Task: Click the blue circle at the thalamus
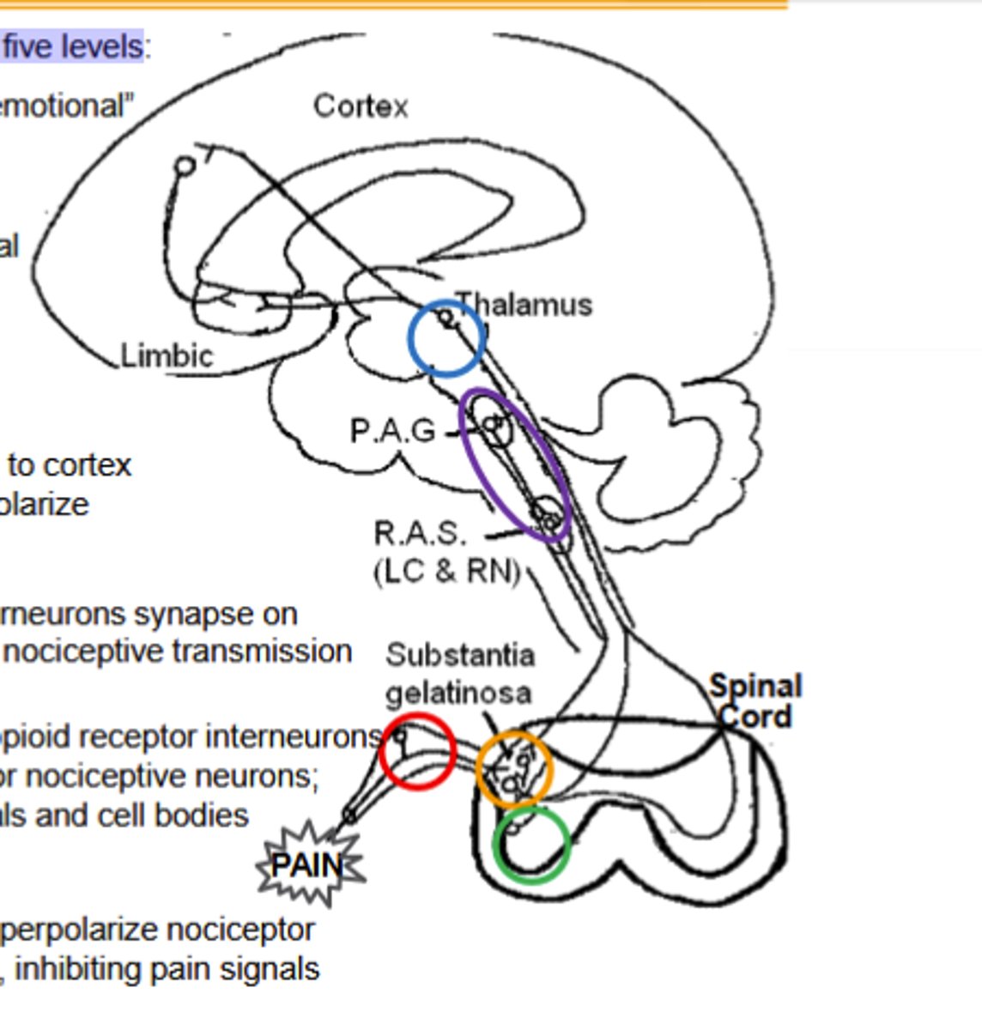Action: pyautogui.click(x=446, y=338)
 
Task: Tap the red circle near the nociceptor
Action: pyautogui.click(x=417, y=751)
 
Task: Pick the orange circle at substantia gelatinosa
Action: pyautogui.click(x=514, y=769)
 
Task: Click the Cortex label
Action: pyautogui.click(x=361, y=106)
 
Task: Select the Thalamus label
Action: pyautogui.click(x=524, y=305)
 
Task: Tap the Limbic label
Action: pyautogui.click(x=167, y=355)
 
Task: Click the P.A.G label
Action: pyautogui.click(x=393, y=430)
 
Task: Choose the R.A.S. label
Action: pyautogui.click(x=420, y=534)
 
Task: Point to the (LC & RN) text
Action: pyautogui.click(x=447, y=571)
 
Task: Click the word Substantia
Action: pyautogui.click(x=460, y=655)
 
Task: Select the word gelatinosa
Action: pyautogui.click(x=458, y=692)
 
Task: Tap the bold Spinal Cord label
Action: pyautogui.click(x=755, y=701)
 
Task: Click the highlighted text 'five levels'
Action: pyautogui.click(x=72, y=45)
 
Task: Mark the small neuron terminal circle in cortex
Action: pyautogui.click(x=185, y=166)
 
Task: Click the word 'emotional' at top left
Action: pyautogui.click(x=65, y=106)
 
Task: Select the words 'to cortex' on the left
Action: pyautogui.click(x=70, y=465)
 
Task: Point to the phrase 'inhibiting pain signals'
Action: pyautogui.click(x=167, y=969)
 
